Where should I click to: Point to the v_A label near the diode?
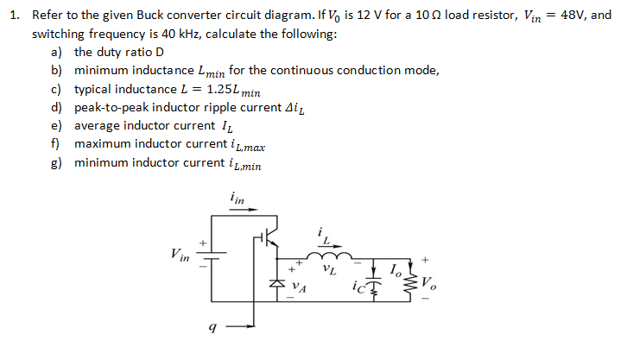click(x=298, y=283)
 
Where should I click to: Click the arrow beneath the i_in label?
click(x=239, y=210)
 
